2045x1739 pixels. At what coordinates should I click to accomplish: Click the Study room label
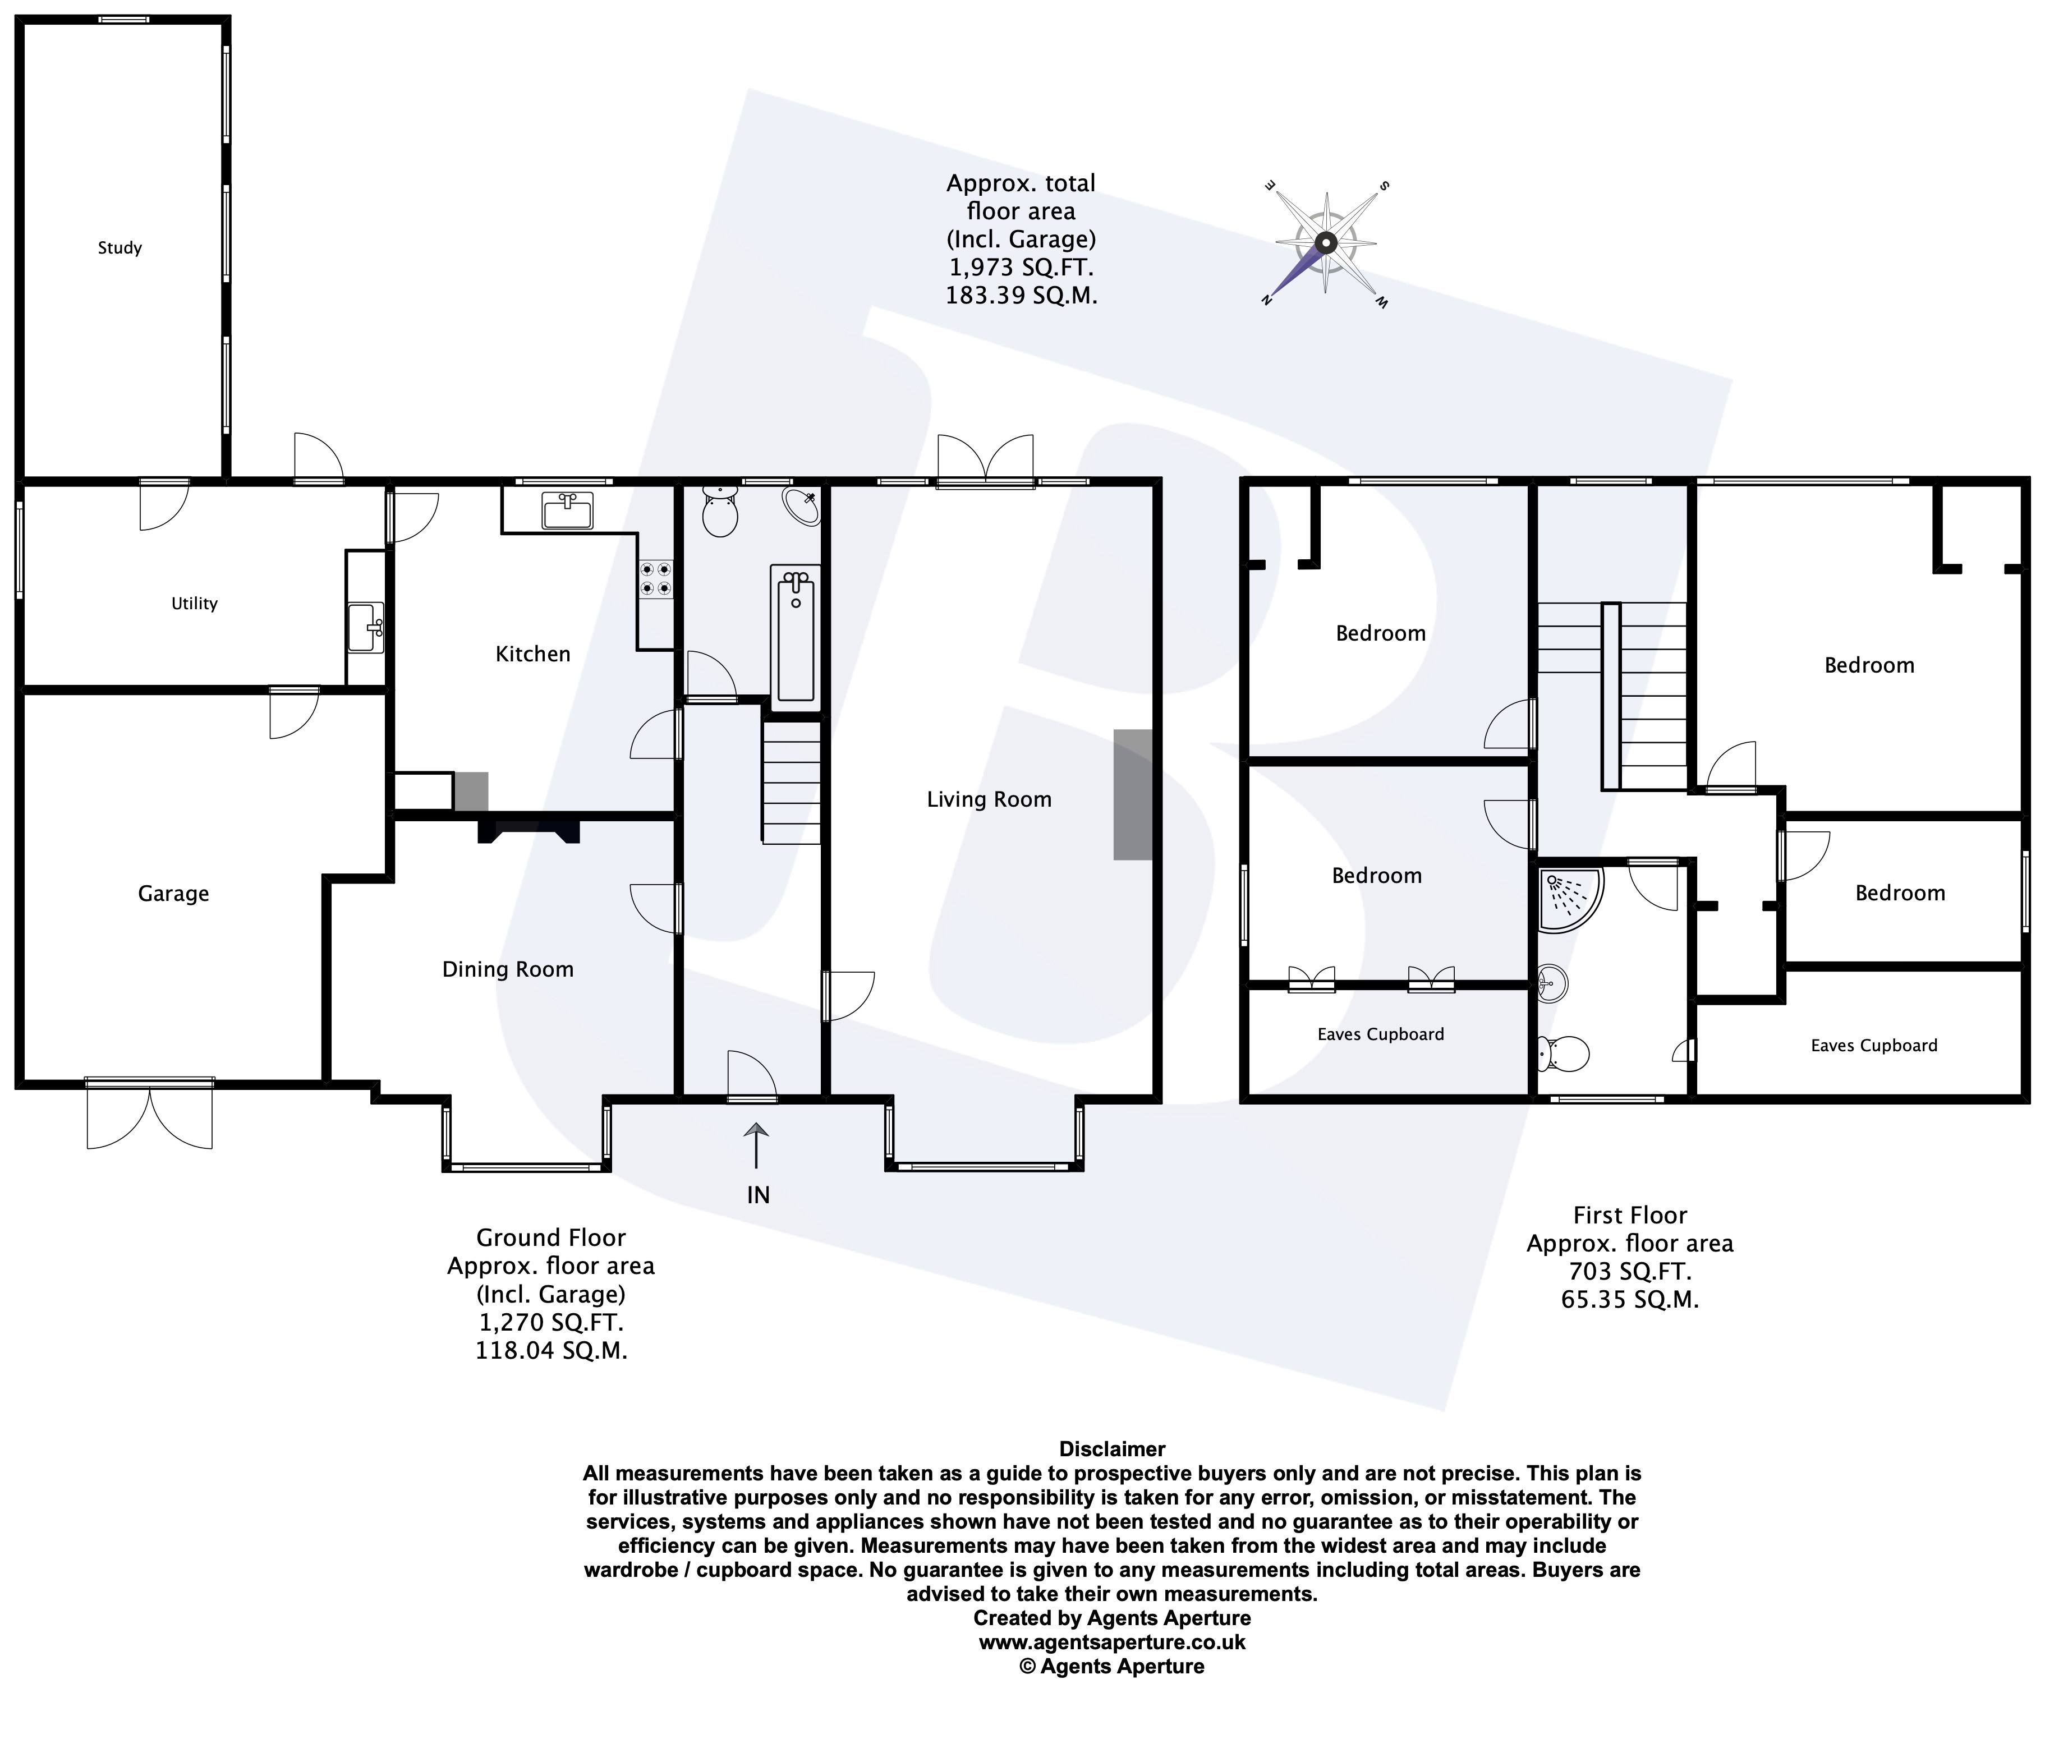pos(120,247)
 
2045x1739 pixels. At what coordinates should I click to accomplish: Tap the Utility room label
pos(194,604)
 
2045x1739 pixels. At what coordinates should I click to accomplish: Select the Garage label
pos(173,893)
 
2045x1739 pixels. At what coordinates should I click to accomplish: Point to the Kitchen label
pos(532,654)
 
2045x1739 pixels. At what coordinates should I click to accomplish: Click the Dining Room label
pos(508,969)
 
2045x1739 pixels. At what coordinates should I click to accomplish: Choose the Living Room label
pos(989,799)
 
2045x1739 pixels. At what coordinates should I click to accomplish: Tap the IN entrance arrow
pos(756,1145)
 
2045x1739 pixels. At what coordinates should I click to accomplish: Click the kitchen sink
pos(567,510)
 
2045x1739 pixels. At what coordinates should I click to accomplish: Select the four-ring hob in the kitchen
pos(656,579)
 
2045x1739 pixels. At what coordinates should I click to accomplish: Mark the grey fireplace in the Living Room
pos(1133,794)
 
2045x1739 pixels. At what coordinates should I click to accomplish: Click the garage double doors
pos(150,1114)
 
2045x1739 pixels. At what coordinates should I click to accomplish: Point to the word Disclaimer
pos(1112,1449)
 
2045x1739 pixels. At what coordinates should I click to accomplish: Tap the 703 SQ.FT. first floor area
pos(1630,1272)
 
